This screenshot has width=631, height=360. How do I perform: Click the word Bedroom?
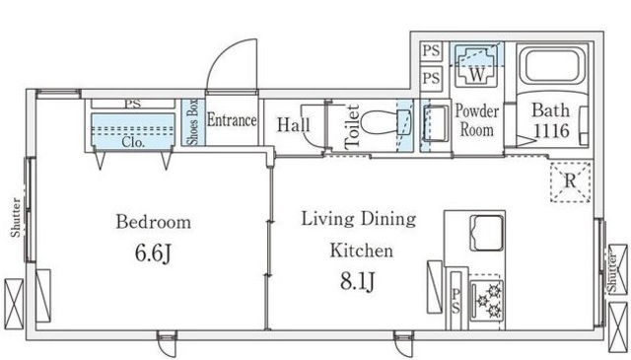pos(154,222)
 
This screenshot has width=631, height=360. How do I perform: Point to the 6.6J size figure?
pos(154,253)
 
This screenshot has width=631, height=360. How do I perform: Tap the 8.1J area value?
pos(358,281)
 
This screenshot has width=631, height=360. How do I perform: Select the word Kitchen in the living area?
pos(362,251)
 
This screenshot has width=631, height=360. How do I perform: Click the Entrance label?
pos(232,120)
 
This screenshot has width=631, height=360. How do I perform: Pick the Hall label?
pos(294,124)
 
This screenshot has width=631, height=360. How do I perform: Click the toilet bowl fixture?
pos(386,122)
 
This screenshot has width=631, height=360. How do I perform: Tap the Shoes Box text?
pos(193,121)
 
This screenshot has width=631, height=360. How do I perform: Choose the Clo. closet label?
pos(133,142)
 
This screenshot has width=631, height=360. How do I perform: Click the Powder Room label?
pos(477,120)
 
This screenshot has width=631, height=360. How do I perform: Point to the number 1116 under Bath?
pos(551,131)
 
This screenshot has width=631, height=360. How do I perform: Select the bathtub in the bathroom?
pos(552,66)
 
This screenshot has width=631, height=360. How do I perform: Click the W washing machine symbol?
pos(477,66)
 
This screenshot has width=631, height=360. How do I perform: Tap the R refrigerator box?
pos(570,181)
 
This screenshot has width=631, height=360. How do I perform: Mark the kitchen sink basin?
pos(487,233)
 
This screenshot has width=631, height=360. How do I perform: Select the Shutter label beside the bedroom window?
pos(16,217)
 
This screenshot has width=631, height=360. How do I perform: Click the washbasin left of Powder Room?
pos(436,123)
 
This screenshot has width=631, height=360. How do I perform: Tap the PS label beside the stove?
pos(456,300)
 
